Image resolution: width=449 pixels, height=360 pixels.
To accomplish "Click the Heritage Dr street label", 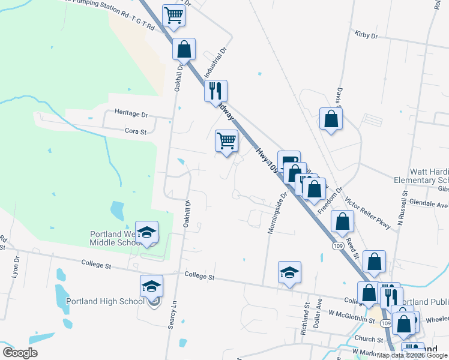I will tap(131, 113).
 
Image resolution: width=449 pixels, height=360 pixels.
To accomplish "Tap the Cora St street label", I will tap(135, 131).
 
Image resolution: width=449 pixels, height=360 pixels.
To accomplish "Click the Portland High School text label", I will tap(105, 301).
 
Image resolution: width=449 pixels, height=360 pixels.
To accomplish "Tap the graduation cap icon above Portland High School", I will tap(151, 286).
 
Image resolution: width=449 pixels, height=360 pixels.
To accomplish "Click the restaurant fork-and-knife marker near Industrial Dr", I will tap(215, 91).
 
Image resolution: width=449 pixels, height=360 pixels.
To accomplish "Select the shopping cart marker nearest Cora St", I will tap(226, 142).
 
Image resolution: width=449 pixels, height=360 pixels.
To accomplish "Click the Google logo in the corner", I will tap(20, 352).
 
